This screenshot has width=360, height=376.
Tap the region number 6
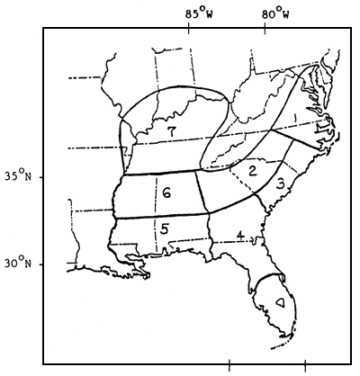167,192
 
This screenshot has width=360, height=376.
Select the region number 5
165,228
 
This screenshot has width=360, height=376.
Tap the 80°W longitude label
276,13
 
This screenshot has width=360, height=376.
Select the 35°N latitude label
20,176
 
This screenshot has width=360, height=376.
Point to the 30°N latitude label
20,264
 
